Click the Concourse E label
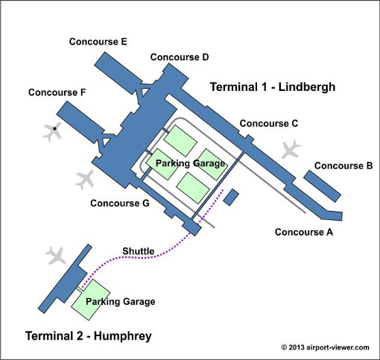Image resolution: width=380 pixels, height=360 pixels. [x=98, y=42]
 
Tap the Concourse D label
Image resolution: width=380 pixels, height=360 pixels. [x=180, y=57]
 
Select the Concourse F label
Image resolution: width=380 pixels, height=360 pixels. [x=57, y=92]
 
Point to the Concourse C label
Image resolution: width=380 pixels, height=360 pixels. [x=269, y=124]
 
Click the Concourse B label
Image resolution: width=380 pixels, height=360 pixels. [x=343, y=165]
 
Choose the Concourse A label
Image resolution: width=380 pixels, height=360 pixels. [x=304, y=232]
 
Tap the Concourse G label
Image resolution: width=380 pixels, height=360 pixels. [x=120, y=203]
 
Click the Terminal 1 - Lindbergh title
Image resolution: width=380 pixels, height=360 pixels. [x=273, y=87]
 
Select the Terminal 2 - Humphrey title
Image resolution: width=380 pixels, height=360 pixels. [x=89, y=336]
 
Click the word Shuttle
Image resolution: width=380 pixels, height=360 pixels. [x=139, y=251]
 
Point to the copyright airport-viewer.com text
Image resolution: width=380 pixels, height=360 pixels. [x=325, y=347]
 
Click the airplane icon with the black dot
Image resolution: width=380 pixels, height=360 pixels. [x=52, y=132]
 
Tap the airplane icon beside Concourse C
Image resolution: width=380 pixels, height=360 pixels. [x=291, y=149]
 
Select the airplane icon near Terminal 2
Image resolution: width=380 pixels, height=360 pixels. [x=56, y=256]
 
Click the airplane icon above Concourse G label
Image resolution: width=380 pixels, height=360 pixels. [x=85, y=180]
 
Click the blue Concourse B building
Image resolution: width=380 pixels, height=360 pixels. [x=322, y=186]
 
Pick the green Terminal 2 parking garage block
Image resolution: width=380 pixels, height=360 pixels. [x=91, y=300]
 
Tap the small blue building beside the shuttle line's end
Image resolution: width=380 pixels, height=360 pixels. [x=231, y=197]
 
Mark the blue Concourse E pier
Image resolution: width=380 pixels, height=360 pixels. [x=118, y=73]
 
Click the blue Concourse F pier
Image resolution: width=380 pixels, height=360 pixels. [x=80, y=122]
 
